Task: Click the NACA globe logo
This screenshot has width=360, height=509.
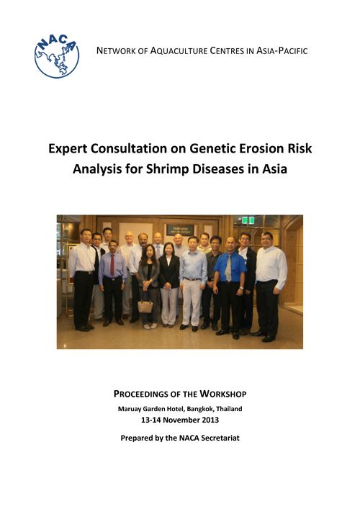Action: [57, 56]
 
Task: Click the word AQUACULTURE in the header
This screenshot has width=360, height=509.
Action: [179, 51]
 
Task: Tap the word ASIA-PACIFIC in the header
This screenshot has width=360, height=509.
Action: [282, 51]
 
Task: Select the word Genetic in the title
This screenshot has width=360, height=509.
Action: [212, 148]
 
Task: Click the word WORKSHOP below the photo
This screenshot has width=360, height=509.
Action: [223, 394]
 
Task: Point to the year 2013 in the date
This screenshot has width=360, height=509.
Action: [210, 420]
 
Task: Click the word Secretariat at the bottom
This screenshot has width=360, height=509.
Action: [220, 438]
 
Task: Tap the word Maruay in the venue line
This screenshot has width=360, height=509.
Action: [129, 409]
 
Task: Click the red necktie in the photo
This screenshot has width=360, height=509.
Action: [112, 265]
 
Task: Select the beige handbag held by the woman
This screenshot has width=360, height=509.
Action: [145, 306]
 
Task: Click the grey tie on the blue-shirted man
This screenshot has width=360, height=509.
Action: [228, 268]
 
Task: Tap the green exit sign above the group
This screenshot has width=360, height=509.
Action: [248, 220]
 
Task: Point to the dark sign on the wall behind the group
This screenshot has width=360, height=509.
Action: [180, 230]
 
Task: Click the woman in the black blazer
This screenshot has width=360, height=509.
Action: [168, 284]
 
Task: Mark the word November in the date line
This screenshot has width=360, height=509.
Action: [181, 420]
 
